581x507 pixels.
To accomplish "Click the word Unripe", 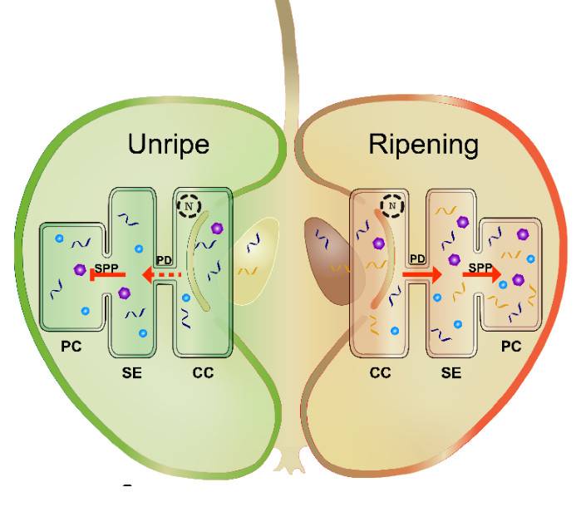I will coord(168,145).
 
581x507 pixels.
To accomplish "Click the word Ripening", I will coord(424,145).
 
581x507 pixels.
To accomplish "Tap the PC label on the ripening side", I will coord(511,345).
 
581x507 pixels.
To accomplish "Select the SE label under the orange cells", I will coord(451,373).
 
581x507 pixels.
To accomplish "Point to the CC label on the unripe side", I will coord(202,372).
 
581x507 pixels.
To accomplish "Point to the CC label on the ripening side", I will coord(380,373).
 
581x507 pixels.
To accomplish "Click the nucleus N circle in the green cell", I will coord(190,204).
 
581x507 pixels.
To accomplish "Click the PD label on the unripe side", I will coord(164,260).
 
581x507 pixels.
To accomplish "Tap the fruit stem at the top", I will coord(288,50).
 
